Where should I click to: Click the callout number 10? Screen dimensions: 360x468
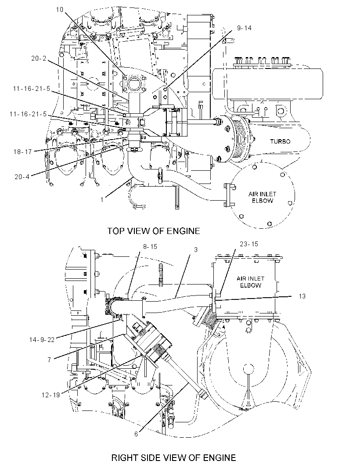(60, 10)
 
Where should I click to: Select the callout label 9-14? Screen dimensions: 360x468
(244, 28)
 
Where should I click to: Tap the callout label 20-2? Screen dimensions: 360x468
(39, 58)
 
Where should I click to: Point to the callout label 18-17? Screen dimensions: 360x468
(22, 151)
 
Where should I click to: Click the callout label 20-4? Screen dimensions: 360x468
(22, 176)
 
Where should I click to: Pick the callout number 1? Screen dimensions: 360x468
(102, 199)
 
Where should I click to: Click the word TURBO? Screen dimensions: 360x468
(280, 141)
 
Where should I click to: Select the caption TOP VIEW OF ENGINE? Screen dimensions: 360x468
(153, 231)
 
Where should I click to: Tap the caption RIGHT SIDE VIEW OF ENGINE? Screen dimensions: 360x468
(173, 457)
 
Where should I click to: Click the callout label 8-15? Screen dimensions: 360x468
(150, 247)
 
